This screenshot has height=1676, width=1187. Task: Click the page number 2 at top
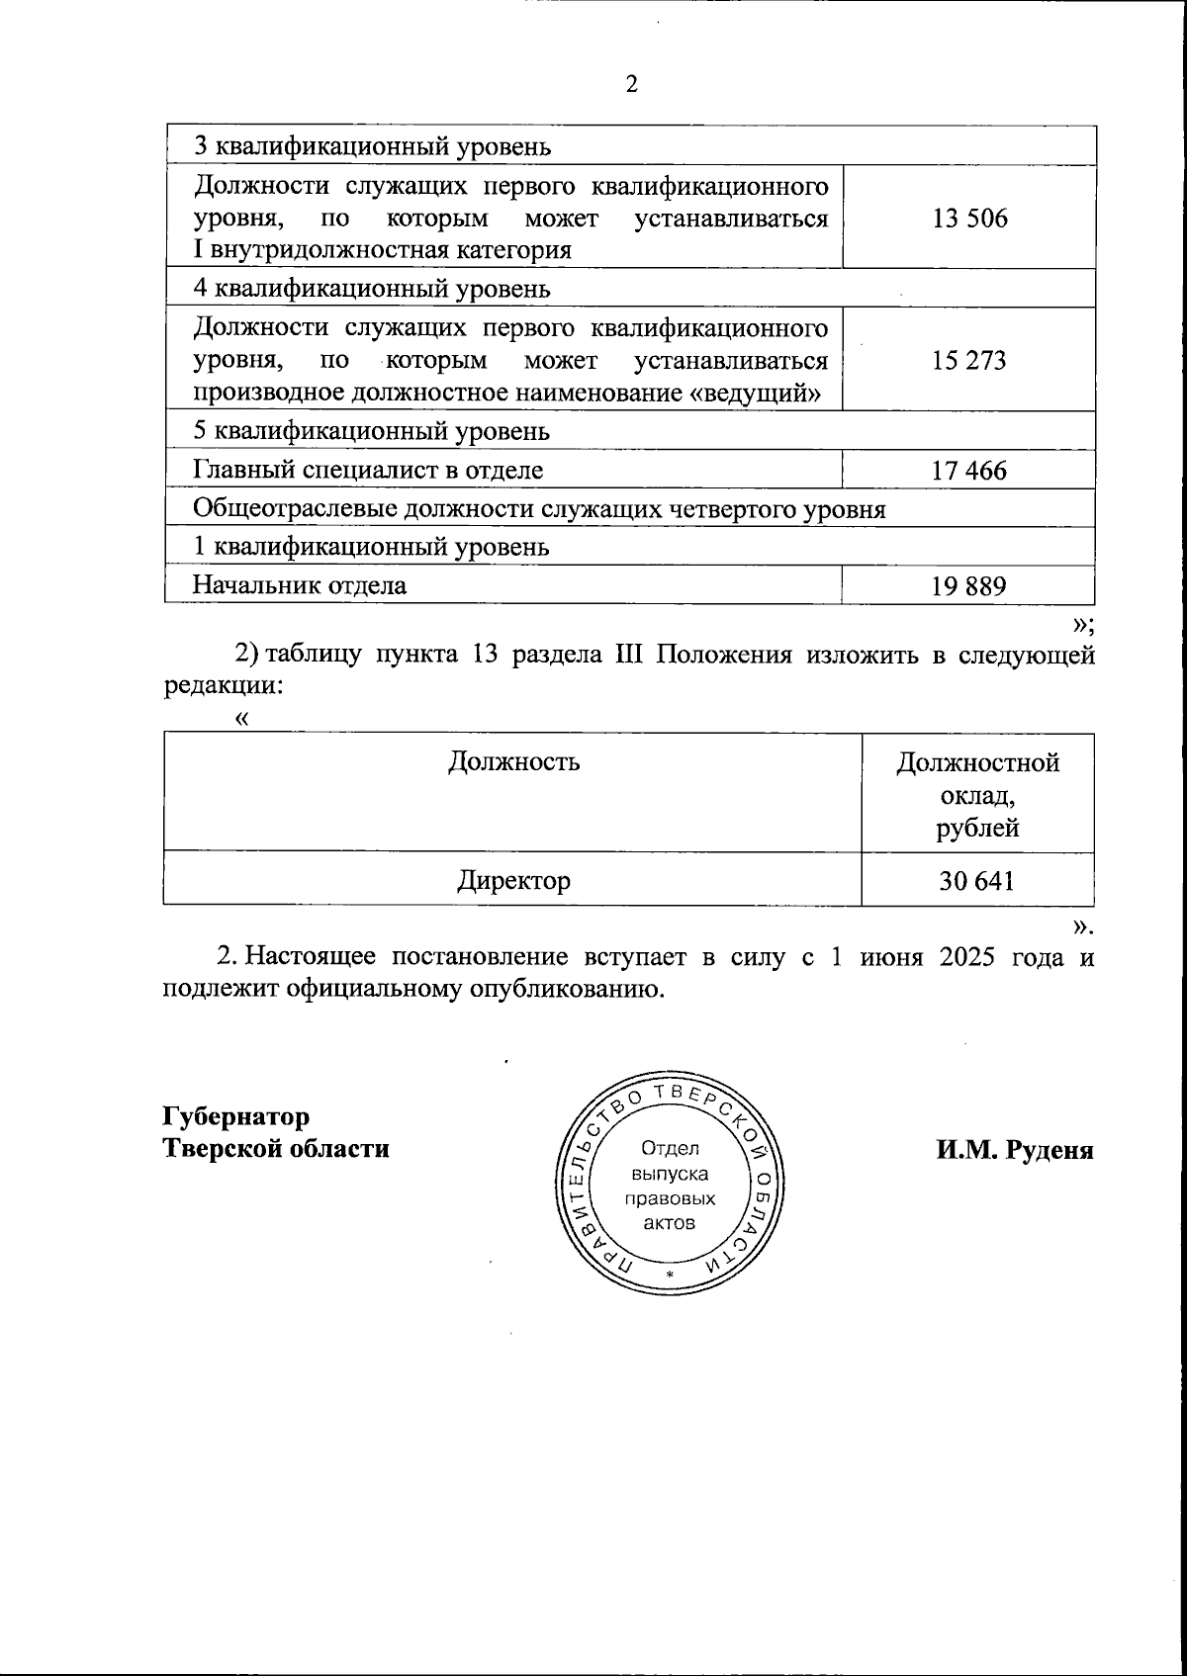632,85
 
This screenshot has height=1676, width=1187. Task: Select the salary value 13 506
969,218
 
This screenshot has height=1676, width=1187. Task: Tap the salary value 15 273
969,360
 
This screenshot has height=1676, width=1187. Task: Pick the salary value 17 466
969,471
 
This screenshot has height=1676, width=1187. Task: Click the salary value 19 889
969,586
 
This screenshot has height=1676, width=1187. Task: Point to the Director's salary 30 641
977,880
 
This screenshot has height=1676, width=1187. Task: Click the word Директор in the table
513,880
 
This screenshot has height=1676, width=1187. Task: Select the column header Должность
513,762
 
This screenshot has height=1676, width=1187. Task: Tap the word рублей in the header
977,828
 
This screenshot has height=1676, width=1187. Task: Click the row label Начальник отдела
300,585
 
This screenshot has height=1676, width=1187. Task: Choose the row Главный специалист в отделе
368,471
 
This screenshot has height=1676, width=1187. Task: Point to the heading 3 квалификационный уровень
372,147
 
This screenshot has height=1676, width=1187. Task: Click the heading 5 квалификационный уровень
372,432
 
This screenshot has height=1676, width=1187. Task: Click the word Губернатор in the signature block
236,1116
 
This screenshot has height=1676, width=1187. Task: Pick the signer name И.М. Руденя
1015,1150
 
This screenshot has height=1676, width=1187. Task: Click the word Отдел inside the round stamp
670,1149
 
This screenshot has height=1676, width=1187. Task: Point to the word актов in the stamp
670,1223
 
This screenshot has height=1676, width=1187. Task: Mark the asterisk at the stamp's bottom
670,1276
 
